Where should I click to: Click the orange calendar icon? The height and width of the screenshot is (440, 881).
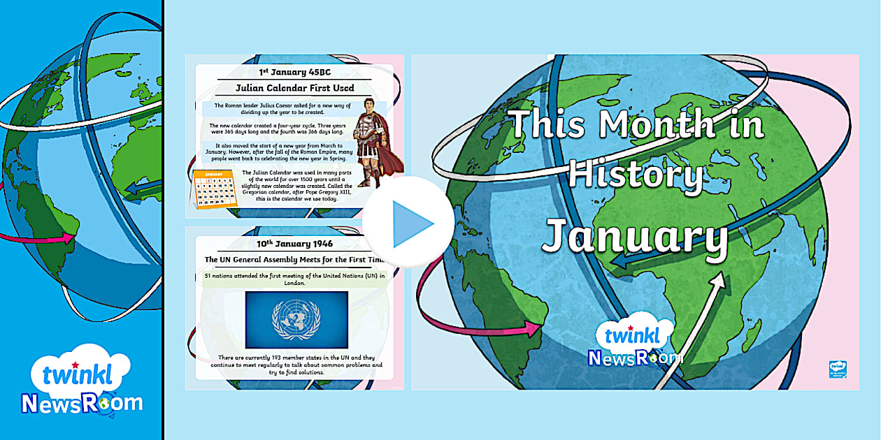click(x=215, y=189)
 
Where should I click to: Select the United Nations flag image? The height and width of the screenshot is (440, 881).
click(x=296, y=321)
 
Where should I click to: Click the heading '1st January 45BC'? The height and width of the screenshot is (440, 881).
click(x=295, y=71)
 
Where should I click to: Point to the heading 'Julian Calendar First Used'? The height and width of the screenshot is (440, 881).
click(x=295, y=88)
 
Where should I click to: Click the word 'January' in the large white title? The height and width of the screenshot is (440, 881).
click(x=636, y=235)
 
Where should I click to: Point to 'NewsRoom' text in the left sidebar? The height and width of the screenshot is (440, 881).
click(x=82, y=403)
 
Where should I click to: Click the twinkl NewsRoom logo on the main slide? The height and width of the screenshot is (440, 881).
click(x=634, y=343)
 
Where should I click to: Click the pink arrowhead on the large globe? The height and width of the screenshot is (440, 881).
click(x=535, y=327)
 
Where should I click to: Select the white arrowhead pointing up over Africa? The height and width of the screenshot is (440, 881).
click(x=717, y=282)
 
